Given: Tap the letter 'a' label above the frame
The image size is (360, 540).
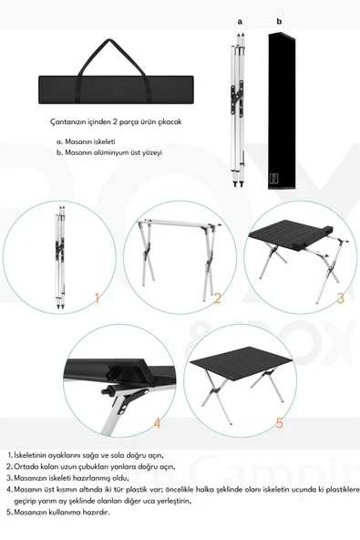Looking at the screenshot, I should [x=240, y=21].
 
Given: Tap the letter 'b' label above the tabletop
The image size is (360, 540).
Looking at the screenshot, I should [x=279, y=21].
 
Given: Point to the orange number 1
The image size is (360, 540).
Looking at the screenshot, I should [x=98, y=296].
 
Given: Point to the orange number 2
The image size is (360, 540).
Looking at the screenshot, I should [x=217, y=297].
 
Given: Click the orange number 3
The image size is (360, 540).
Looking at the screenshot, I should [x=340, y=297].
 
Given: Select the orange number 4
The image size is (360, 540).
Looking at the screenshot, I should [x=157, y=422].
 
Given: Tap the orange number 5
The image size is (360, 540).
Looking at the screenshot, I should [x=280, y=422].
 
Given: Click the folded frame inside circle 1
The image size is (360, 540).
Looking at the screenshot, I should [x=57, y=260].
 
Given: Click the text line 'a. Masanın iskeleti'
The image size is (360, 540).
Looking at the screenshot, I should [x=87, y=141].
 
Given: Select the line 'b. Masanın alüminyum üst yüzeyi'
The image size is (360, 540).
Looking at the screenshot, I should [x=108, y=153].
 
